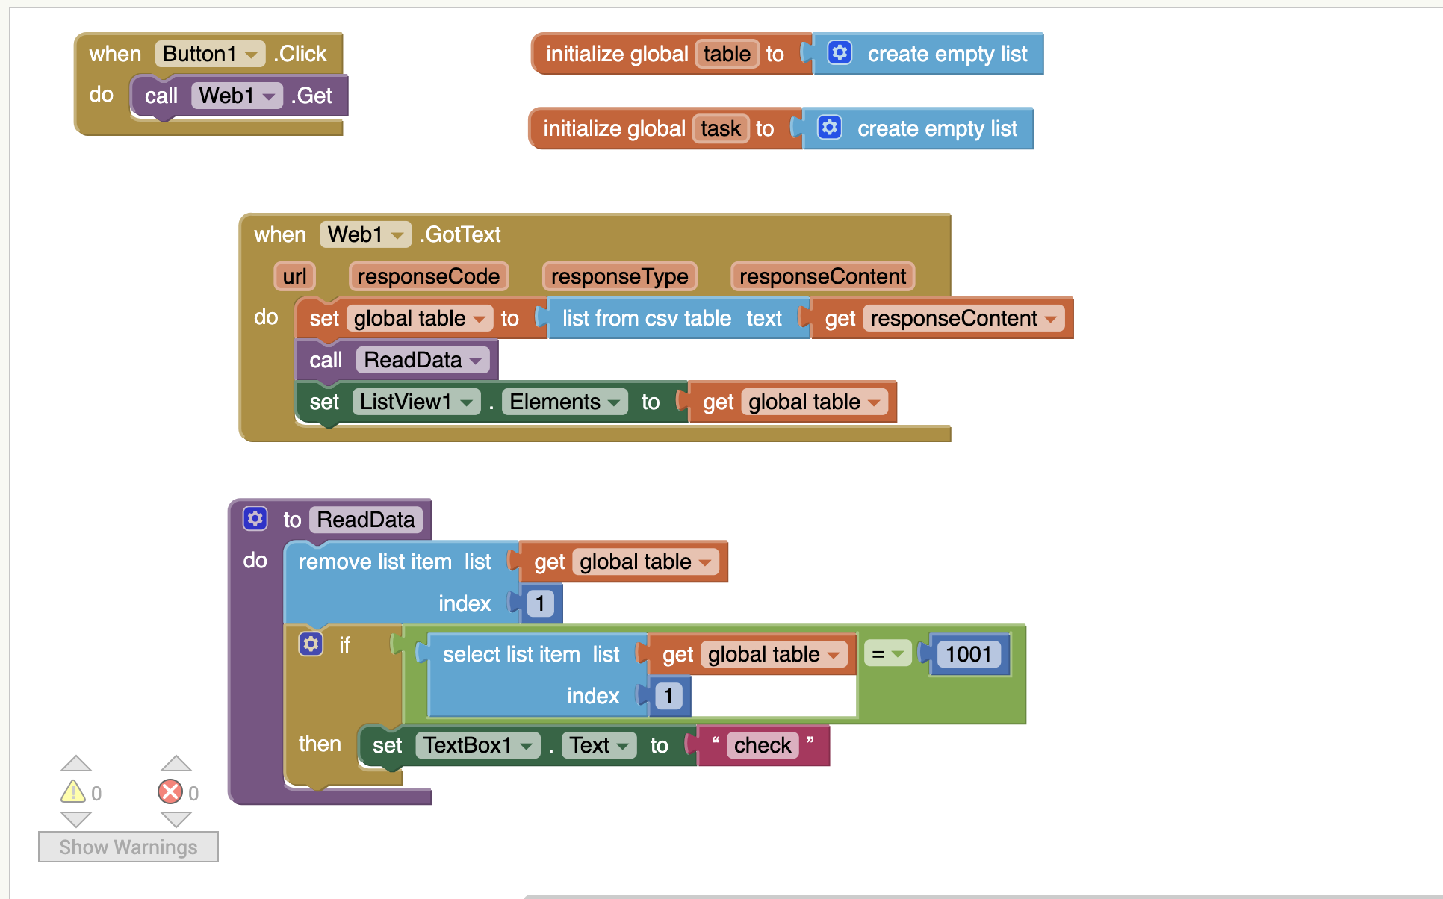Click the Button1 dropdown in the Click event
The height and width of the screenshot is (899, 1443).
[210, 54]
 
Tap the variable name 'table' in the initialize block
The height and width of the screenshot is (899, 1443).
[727, 54]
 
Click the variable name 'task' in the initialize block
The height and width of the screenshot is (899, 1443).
[721, 128]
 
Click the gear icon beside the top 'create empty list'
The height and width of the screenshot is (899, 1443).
[840, 53]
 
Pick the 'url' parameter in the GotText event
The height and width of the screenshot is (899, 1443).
[294, 276]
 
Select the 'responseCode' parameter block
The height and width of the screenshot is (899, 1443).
[429, 276]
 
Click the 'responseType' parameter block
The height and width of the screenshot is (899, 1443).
[620, 276]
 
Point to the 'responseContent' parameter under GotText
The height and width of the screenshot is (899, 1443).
[822, 276]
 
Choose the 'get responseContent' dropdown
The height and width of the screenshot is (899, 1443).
[963, 318]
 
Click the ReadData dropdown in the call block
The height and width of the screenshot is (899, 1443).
[423, 360]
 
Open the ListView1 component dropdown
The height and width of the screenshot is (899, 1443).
[416, 402]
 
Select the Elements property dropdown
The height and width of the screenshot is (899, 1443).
[565, 402]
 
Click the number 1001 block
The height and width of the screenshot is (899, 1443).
[969, 654]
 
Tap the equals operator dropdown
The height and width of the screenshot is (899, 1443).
[887, 654]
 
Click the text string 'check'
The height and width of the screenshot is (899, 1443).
[763, 745]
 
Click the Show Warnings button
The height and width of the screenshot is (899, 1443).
[128, 847]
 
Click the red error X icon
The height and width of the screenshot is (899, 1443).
[170, 791]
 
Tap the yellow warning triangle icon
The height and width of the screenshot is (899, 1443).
[73, 791]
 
